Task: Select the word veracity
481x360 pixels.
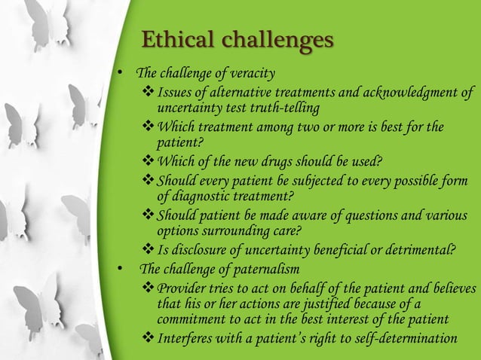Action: point(252,73)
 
